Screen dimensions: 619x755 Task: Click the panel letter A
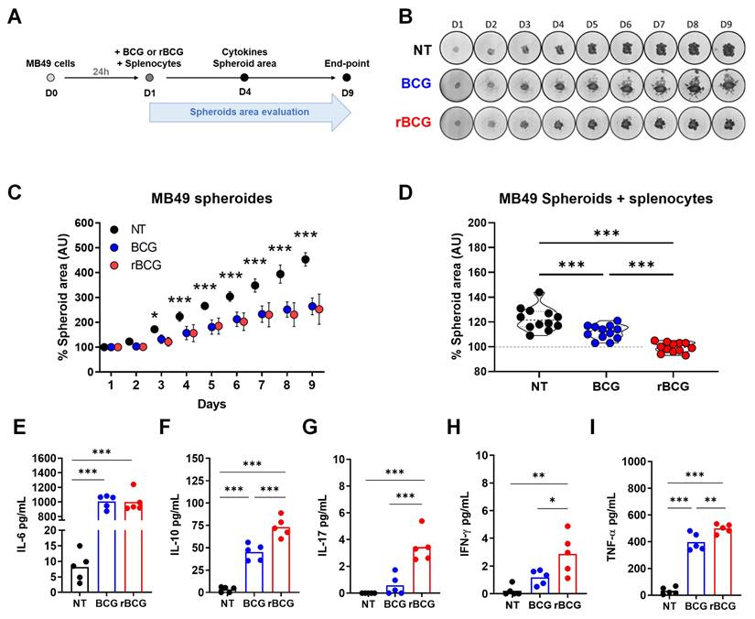coord(15,16)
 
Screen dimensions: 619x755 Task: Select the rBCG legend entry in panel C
coord(140,265)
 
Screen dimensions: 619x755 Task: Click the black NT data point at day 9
coord(305,260)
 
